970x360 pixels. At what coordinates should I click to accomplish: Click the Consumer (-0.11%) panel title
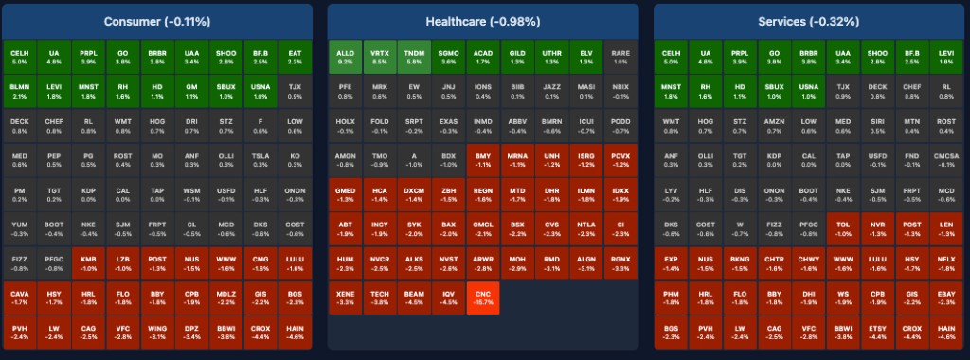click(157, 21)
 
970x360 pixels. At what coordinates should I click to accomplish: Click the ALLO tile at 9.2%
click(345, 56)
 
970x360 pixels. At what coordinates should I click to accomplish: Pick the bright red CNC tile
click(482, 299)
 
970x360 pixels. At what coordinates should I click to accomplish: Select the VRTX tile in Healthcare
click(379, 56)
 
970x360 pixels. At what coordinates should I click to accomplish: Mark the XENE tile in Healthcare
click(345, 299)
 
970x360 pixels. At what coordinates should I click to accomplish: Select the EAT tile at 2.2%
click(295, 56)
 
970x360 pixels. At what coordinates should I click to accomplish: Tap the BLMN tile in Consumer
click(20, 90)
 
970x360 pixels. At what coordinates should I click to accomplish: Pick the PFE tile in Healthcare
click(345, 90)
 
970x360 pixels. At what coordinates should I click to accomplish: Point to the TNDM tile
click(414, 56)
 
